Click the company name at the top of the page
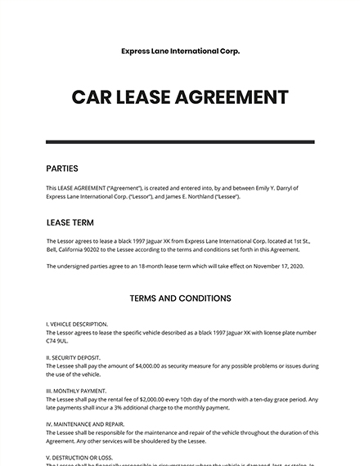coord(180,51)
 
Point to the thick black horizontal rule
coord(180,142)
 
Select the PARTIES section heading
coord(62,168)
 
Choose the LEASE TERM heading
coord(71,222)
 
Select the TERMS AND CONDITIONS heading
coord(180,298)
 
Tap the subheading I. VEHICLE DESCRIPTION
coord(78,324)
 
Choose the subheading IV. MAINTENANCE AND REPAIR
coord(87,424)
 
